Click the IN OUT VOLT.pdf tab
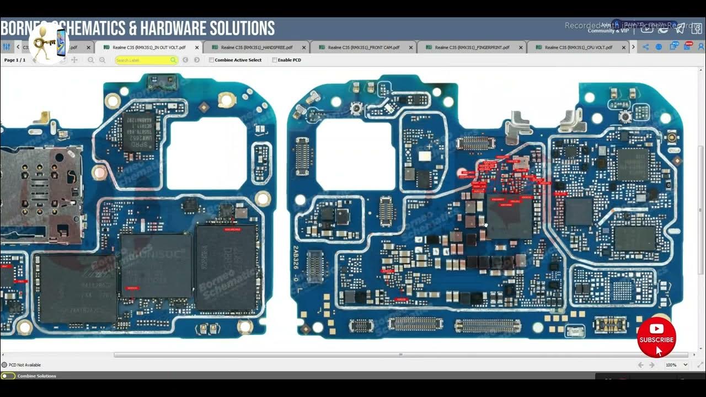pyautogui.click(x=149, y=47)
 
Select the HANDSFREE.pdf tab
pyautogui.click(x=256, y=47)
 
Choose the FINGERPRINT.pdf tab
pyautogui.click(x=472, y=47)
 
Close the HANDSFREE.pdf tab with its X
pyautogui.click(x=304, y=47)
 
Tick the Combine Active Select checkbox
pyautogui.click(x=212, y=60)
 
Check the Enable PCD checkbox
pyautogui.click(x=275, y=60)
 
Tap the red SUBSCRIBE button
pyautogui.click(x=656, y=337)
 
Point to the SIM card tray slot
pyautogui.click(x=41, y=193)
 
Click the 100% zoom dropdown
pyautogui.click(x=676, y=365)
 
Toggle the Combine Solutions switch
pyautogui.click(x=8, y=376)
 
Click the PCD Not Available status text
pyautogui.click(x=25, y=365)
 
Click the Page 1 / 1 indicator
pyautogui.click(x=15, y=60)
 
